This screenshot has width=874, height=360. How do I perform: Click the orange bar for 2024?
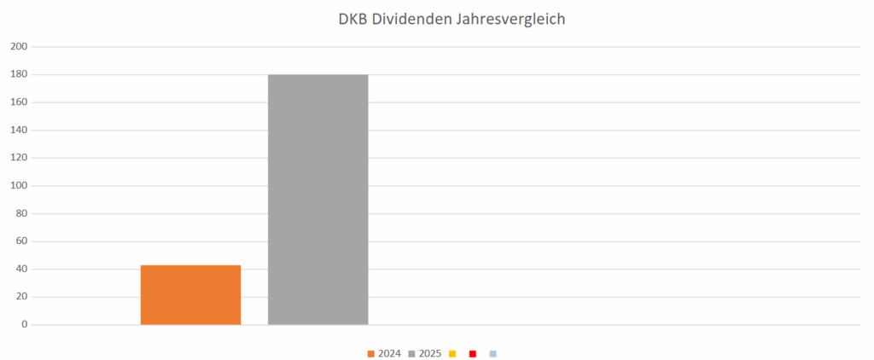tap(190, 294)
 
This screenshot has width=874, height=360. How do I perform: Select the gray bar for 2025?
tap(318, 200)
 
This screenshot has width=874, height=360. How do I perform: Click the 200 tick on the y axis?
tap(19, 47)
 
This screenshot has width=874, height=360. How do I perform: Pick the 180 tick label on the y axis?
tap(19, 75)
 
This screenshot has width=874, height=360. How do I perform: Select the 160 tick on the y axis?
tap(19, 102)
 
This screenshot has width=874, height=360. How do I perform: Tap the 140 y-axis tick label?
tap(19, 131)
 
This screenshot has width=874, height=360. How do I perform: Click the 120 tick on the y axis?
tap(19, 158)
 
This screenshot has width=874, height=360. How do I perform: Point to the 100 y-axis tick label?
tap(19, 186)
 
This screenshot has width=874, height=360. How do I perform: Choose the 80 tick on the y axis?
tap(21, 213)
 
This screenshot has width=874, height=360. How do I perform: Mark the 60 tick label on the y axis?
tap(21, 241)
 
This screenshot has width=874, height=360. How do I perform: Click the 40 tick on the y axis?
tap(21, 270)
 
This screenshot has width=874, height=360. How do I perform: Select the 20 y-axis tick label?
tap(21, 297)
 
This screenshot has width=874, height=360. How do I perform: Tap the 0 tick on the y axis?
tap(24, 325)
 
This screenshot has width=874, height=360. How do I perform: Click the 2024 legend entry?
tap(384, 353)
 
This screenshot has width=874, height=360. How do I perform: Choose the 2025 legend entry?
tap(425, 353)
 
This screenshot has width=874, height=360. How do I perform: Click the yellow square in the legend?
tap(452, 353)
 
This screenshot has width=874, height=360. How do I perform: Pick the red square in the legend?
tap(472, 353)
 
